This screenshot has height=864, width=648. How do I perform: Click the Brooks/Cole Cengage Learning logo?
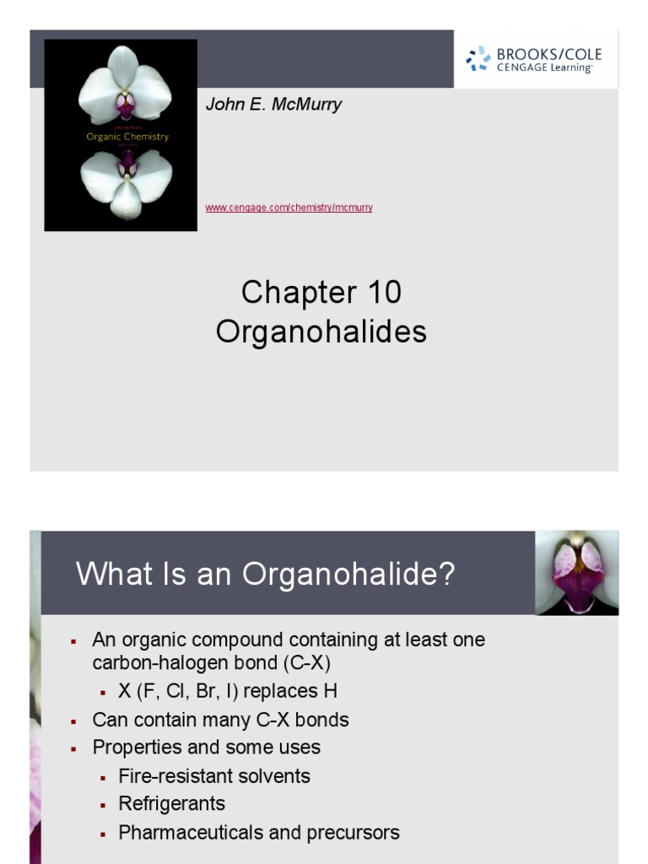pyautogui.click(x=533, y=59)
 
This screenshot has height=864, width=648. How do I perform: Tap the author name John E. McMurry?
pyautogui.click(x=273, y=105)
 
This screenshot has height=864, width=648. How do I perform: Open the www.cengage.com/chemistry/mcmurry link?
pyautogui.click(x=289, y=208)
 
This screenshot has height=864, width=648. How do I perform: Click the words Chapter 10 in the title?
pyautogui.click(x=321, y=293)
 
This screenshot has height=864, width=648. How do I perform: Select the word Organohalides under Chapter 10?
pyautogui.click(x=321, y=332)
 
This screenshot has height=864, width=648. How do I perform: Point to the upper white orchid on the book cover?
pyautogui.click(x=125, y=84)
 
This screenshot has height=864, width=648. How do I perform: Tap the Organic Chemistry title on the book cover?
pyautogui.click(x=127, y=136)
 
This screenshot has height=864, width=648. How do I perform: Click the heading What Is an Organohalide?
pyautogui.click(x=265, y=575)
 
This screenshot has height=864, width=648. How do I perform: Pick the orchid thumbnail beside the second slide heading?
pyautogui.click(x=576, y=572)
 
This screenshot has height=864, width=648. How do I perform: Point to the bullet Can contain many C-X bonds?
pyautogui.click(x=220, y=720)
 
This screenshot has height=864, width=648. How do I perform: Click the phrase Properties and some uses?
pyautogui.click(x=207, y=748)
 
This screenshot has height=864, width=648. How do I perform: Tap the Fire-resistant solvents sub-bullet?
pyautogui.click(x=214, y=776)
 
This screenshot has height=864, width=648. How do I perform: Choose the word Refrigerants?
pyautogui.click(x=172, y=804)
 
